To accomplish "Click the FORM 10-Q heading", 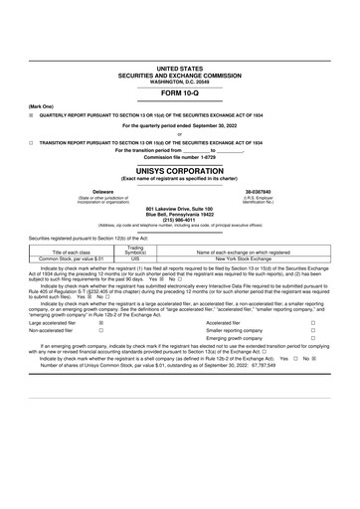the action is (179, 92).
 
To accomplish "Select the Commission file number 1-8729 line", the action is (179, 157).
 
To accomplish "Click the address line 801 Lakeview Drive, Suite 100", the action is (179, 208).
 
